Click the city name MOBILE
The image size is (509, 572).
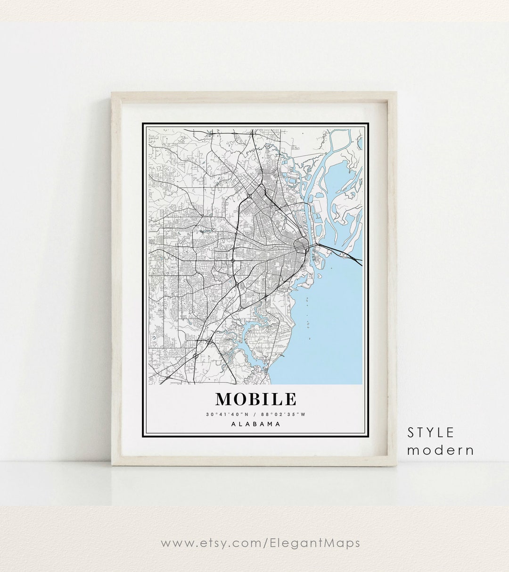click(256, 399)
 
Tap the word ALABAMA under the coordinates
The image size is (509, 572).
click(256, 424)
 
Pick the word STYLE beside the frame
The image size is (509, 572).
click(431, 432)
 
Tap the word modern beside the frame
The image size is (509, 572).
click(441, 450)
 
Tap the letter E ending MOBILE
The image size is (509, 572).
click(290, 399)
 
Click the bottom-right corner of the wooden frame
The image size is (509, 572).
click(396, 465)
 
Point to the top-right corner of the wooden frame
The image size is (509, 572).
click(396, 94)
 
